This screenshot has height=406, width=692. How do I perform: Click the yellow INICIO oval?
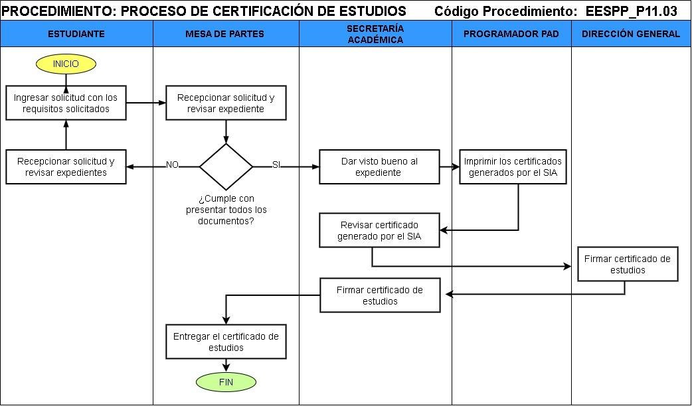click(x=66, y=64)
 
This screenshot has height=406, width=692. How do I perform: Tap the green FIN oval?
click(x=226, y=381)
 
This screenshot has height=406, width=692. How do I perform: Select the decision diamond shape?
click(x=226, y=166)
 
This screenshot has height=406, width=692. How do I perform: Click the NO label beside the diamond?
click(x=172, y=165)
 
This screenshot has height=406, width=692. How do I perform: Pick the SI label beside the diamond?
click(x=276, y=165)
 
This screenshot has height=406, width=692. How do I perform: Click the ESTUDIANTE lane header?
click(x=76, y=34)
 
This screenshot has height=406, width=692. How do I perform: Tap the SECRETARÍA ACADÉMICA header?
click(x=375, y=34)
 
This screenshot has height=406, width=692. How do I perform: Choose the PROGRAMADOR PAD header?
click(x=511, y=34)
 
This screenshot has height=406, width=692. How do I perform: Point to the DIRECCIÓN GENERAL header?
click(x=631, y=34)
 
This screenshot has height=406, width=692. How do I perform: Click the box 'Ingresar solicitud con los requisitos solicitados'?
click(x=66, y=103)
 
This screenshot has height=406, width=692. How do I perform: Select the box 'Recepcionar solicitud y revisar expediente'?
click(x=226, y=103)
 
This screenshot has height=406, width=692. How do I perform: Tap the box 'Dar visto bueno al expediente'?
click(x=379, y=167)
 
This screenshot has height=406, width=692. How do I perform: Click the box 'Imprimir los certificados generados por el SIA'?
click(x=513, y=167)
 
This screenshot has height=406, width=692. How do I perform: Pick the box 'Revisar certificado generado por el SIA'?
click(x=379, y=230)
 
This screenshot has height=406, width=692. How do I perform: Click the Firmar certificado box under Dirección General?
click(x=628, y=264)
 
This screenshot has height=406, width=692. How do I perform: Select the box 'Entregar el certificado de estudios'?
click(x=226, y=342)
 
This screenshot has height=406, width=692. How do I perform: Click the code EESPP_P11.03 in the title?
click(x=631, y=11)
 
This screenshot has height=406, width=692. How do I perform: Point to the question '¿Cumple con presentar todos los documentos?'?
click(x=226, y=210)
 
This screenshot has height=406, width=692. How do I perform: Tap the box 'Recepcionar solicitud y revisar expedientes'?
click(x=66, y=167)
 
